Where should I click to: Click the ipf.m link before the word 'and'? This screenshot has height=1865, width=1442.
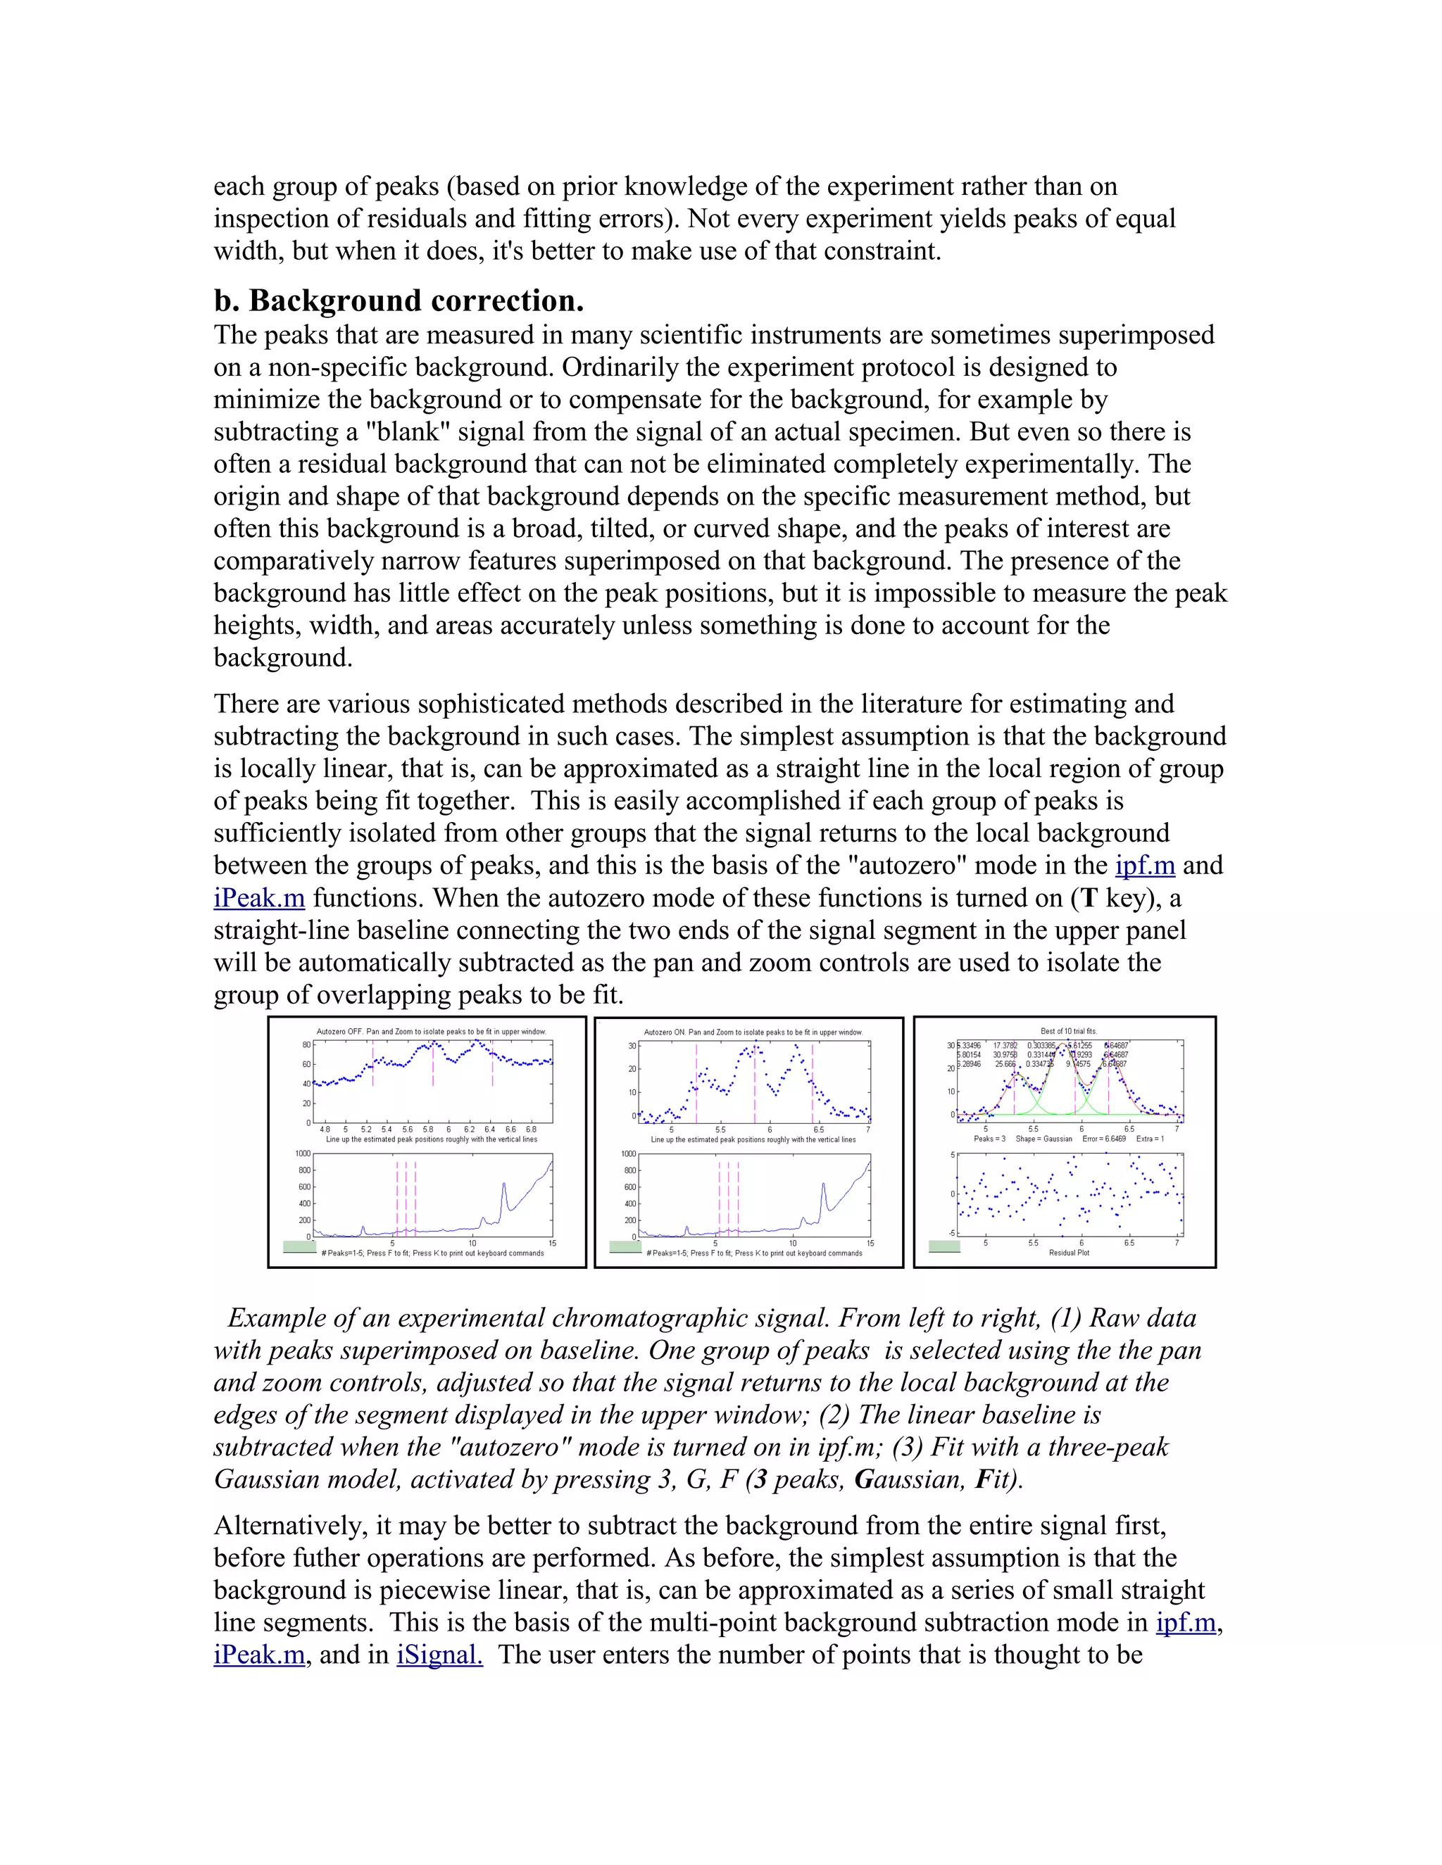(x=1145, y=865)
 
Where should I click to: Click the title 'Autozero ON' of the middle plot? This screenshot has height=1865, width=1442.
(x=753, y=1032)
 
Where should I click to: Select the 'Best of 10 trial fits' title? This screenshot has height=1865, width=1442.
(x=1069, y=1031)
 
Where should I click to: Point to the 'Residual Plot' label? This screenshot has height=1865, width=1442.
(x=1069, y=1253)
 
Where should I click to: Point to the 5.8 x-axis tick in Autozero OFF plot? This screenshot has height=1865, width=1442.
(x=428, y=1129)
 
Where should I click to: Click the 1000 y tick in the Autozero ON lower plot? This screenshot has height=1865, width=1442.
(x=629, y=1153)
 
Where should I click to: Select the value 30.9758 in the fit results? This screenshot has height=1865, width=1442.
(x=1004, y=1055)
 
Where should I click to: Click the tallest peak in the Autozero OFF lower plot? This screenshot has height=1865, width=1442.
(x=504, y=1184)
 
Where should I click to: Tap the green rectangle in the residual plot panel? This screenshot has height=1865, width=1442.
(x=944, y=1246)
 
